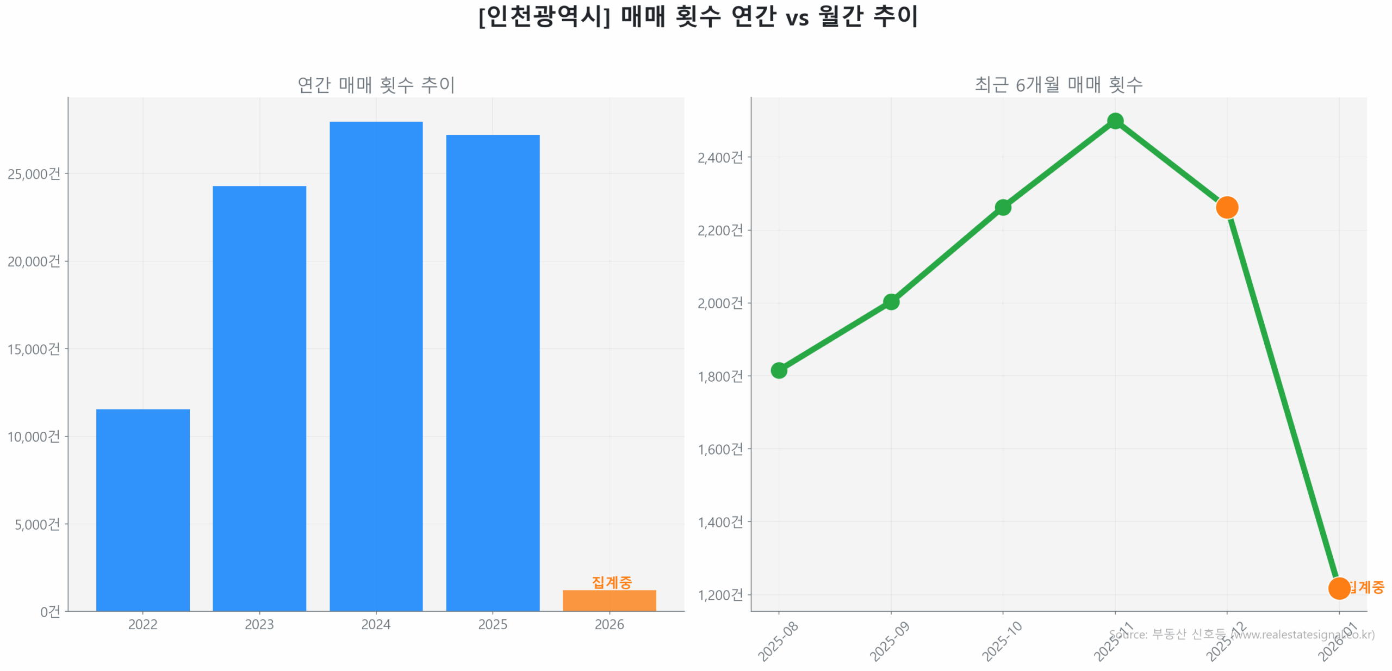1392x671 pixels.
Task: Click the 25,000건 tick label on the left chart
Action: tap(34, 173)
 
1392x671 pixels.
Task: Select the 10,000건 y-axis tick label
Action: tap(34, 436)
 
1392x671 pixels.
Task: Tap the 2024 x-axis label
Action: tap(376, 624)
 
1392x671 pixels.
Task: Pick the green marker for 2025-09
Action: tap(890, 301)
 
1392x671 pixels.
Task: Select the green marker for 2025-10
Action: tap(1002, 207)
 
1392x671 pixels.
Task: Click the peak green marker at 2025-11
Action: tap(1115, 121)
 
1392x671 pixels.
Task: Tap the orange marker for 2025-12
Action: tap(1226, 207)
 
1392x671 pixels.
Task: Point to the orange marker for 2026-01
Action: tap(1338, 588)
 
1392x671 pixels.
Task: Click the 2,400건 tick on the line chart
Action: tap(719, 157)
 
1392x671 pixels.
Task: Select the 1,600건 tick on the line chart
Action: tap(719, 449)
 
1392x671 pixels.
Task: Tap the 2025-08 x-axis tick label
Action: tap(778, 641)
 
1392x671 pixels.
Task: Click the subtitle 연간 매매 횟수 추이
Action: tap(376, 84)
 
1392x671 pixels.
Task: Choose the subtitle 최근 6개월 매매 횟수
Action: tap(1058, 84)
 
